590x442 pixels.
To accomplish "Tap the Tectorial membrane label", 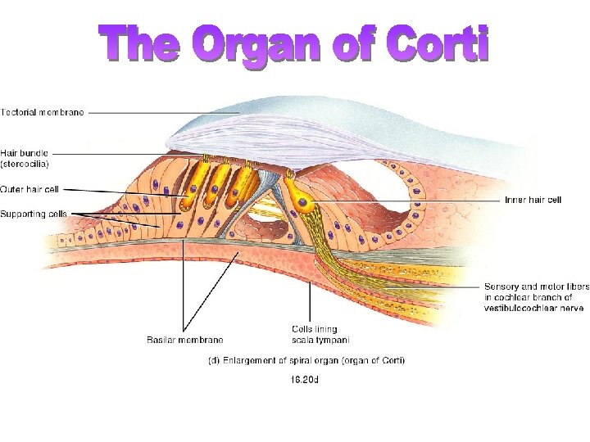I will click(x=42, y=112).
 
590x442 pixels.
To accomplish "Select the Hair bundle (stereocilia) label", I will click(x=25, y=157).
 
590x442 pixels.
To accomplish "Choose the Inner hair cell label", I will click(x=533, y=200).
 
